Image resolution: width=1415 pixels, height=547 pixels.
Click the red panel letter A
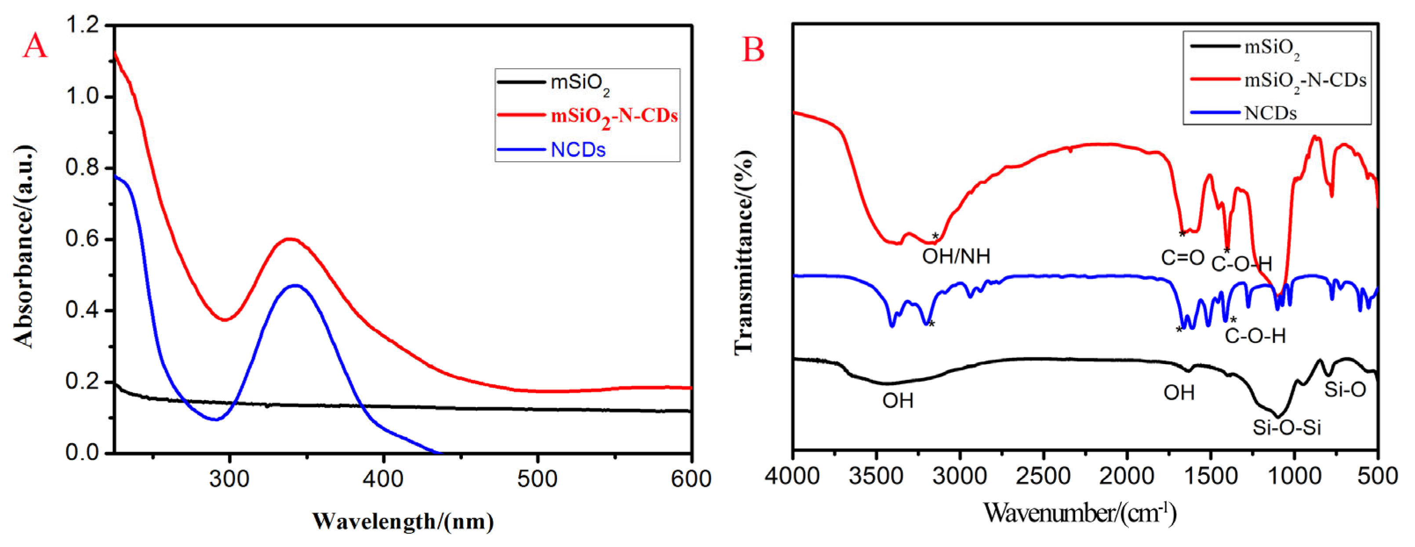point(35,46)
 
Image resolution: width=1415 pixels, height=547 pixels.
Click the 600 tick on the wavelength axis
point(691,479)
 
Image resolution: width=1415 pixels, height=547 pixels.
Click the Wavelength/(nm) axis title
point(403,521)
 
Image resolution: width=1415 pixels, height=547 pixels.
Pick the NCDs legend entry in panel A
point(578,150)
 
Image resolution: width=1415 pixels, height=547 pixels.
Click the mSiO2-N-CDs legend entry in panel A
point(614,117)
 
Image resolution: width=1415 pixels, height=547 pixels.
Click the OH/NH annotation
point(956,256)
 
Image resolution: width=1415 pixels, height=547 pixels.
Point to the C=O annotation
point(1182,258)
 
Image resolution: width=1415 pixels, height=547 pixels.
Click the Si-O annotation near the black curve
point(1345,390)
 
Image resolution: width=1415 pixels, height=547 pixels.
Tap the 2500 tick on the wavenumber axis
point(1043,476)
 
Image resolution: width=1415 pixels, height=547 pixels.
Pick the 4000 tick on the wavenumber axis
point(793,476)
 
